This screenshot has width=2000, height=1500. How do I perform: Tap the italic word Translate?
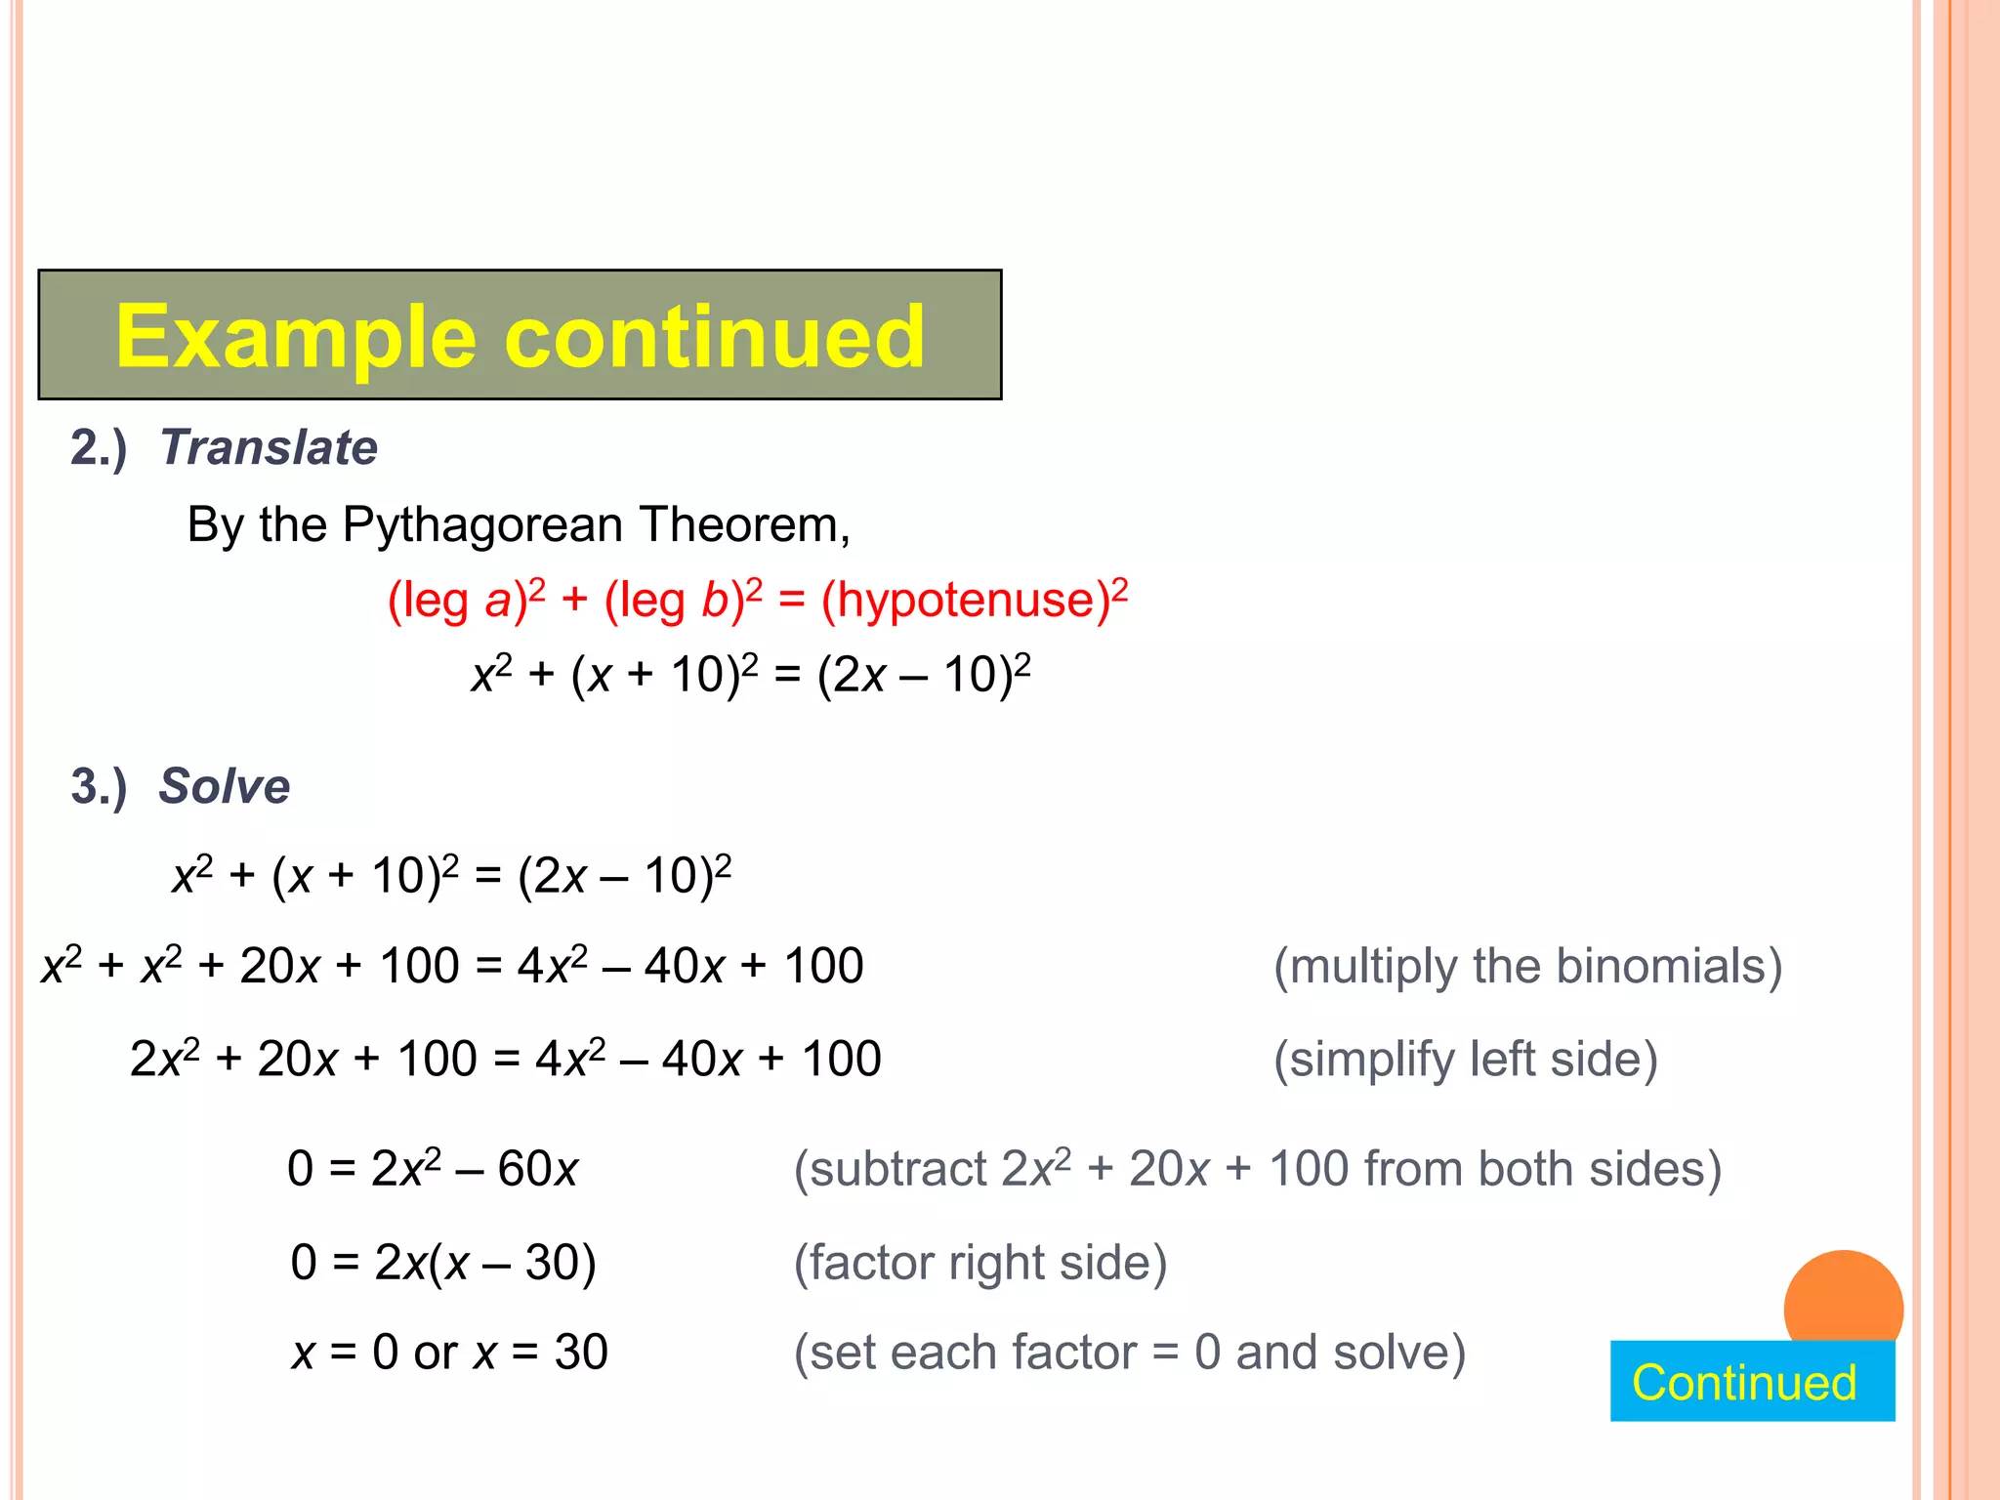[269, 448]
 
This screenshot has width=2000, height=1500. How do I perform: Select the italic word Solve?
[225, 787]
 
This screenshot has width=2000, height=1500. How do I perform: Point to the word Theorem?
[744, 525]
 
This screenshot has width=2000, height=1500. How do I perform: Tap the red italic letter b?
[715, 600]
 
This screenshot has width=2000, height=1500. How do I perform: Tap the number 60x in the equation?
[538, 1170]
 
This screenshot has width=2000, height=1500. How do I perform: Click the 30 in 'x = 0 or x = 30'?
[581, 1354]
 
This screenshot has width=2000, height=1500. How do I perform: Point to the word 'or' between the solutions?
[436, 1354]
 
